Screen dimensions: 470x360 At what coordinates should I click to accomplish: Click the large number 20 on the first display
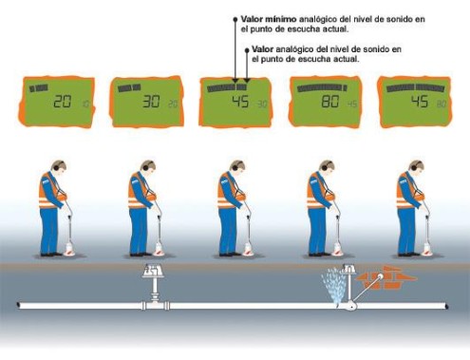coord(62,102)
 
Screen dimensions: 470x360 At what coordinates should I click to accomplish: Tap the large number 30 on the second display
coord(151,102)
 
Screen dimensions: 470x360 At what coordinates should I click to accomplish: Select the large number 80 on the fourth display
coord(330,102)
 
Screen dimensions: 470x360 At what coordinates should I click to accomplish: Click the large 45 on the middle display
coord(240,102)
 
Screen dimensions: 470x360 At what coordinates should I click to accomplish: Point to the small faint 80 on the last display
coord(442,104)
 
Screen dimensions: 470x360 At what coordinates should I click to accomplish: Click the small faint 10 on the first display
coord(86,104)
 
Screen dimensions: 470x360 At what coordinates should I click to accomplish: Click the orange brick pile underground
coord(386,277)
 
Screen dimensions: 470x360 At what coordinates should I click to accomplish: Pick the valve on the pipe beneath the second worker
coord(154,287)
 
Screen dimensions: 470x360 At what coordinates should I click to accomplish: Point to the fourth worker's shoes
coord(319,254)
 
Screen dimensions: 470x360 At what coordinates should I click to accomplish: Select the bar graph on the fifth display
coord(415,87)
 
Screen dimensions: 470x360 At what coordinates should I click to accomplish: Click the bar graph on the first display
coord(39,88)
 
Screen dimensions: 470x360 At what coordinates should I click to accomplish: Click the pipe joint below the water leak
coord(350,306)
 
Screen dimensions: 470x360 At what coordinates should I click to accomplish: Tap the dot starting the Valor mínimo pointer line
coord(235,19)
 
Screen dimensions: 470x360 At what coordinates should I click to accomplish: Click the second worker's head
coord(149,167)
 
